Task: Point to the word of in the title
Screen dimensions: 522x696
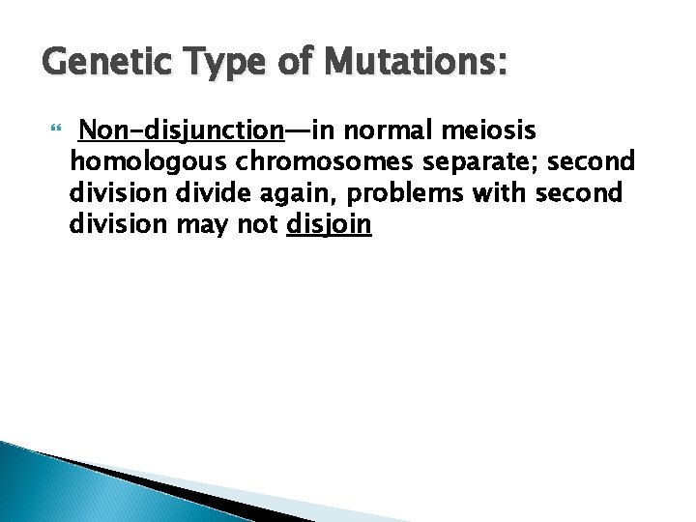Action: [289, 64]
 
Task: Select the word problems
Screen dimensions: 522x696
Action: [411, 194]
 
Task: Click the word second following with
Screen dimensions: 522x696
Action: [579, 194]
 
